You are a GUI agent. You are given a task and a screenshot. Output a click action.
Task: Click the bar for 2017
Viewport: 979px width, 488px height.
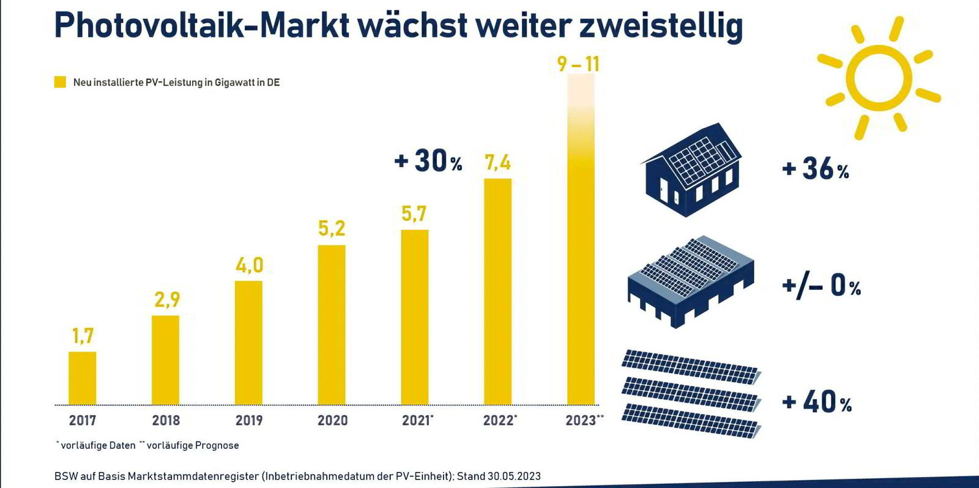tap(82, 378)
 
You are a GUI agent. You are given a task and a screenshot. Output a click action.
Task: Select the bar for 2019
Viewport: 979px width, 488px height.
tap(248, 342)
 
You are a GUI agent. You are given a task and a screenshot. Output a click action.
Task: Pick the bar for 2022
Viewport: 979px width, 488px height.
tap(497, 291)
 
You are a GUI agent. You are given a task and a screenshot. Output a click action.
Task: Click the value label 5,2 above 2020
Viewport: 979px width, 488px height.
tap(332, 229)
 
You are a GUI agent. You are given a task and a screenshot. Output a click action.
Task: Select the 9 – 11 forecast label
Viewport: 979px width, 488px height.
tap(578, 64)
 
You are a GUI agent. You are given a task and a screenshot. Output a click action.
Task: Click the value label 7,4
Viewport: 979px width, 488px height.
tap(497, 163)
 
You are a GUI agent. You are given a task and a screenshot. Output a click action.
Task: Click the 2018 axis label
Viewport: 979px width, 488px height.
tap(166, 421)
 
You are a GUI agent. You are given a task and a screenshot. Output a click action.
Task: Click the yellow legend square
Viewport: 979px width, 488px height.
tap(60, 82)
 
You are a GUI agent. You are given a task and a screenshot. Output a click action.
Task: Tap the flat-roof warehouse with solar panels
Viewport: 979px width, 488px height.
tap(690, 282)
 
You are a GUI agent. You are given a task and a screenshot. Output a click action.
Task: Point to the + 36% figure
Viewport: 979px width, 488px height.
tap(816, 169)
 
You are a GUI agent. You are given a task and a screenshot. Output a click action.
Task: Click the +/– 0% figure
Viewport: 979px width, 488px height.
tap(821, 286)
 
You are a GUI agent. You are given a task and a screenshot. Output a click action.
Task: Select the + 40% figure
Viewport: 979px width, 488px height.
tap(817, 402)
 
